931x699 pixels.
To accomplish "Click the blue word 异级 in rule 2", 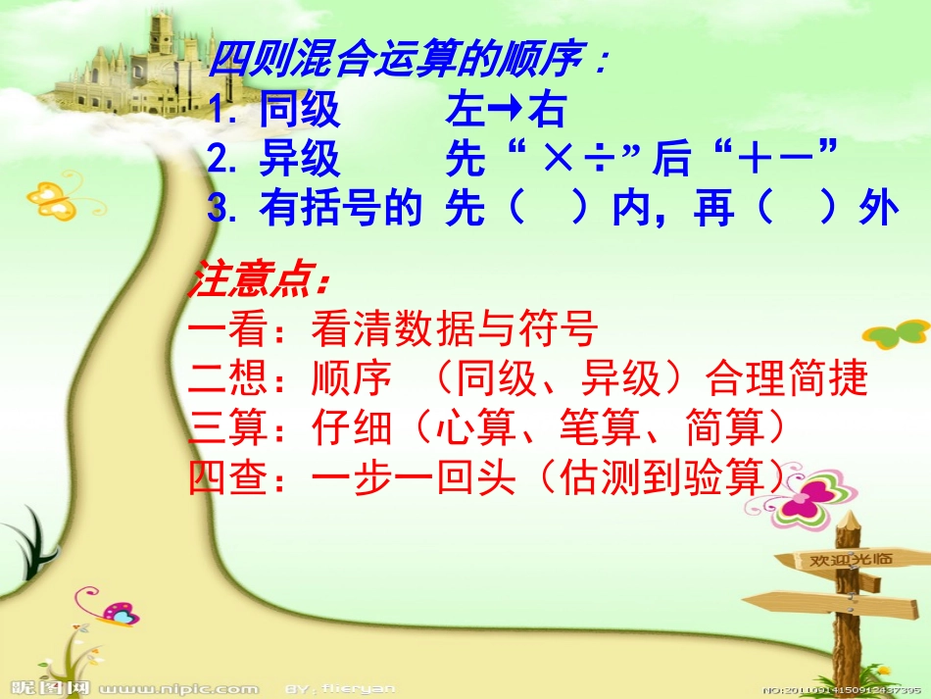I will click(300, 158).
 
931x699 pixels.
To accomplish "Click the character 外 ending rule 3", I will click(878, 208).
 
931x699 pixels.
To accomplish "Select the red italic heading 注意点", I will click(261, 281).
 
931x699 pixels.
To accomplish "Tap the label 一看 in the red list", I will click(227, 330).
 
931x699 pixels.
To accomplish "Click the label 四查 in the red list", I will click(227, 476).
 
